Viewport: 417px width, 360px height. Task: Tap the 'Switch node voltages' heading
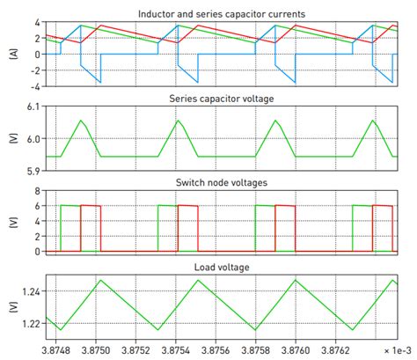tap(221, 181)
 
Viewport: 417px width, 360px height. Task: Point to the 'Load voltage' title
tap(221, 266)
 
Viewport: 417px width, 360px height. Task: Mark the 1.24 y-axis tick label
tap(30, 291)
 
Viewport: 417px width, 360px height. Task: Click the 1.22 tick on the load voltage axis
tap(30, 323)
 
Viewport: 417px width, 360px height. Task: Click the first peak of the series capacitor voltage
tap(80, 121)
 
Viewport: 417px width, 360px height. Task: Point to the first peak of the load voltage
tap(100, 281)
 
